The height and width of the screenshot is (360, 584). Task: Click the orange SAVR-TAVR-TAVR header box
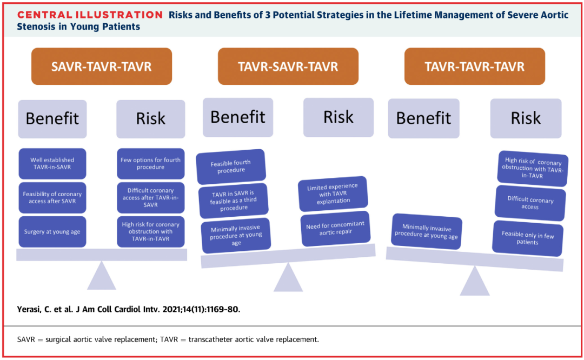pyautogui.click(x=101, y=66)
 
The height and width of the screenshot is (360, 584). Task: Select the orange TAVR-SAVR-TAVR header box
pyautogui.click(x=288, y=66)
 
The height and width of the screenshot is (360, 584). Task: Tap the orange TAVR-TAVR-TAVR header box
pyautogui.click(x=475, y=66)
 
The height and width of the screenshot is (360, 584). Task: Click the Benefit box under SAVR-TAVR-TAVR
pyautogui.click(x=52, y=119)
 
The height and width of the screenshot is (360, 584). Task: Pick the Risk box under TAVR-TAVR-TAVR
pyautogui.click(x=526, y=118)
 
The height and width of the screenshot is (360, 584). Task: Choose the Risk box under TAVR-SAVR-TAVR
pyautogui.click(x=338, y=117)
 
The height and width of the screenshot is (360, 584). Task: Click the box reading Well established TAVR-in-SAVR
pyautogui.click(x=52, y=163)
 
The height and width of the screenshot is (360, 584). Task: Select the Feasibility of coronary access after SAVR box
pyautogui.click(x=52, y=197)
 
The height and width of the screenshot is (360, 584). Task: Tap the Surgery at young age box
pyautogui.click(x=52, y=231)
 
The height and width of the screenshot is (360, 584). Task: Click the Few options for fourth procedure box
pyautogui.click(x=150, y=163)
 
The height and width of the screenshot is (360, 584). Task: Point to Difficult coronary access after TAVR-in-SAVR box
pyautogui.click(x=150, y=197)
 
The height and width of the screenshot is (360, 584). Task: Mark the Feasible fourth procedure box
pyautogui.click(x=231, y=166)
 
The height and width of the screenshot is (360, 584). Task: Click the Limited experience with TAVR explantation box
pyautogui.click(x=333, y=193)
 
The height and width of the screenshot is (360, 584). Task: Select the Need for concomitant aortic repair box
pyautogui.click(x=335, y=228)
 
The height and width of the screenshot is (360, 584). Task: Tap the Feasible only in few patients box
pyautogui.click(x=528, y=238)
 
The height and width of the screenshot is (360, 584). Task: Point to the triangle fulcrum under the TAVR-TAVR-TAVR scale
pyautogui.click(x=475, y=281)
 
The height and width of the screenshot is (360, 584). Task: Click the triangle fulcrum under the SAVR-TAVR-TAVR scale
pyautogui.click(x=102, y=275)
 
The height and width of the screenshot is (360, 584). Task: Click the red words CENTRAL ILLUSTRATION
pyautogui.click(x=90, y=15)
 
